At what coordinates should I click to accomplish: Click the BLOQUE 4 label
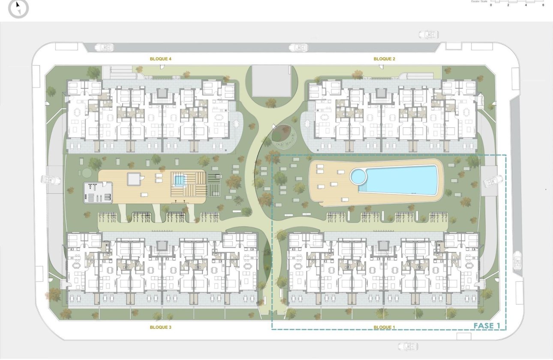(161, 59)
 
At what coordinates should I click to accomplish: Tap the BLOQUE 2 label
(384, 59)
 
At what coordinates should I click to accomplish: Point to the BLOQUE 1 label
(384, 327)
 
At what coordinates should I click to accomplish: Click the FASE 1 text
(487, 326)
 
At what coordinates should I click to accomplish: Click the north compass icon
(18, 8)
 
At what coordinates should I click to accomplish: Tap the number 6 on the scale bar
(543, 5)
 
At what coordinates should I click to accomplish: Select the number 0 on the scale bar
(491, 5)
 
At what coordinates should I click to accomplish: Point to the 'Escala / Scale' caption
(479, 1)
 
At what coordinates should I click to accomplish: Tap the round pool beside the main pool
(358, 176)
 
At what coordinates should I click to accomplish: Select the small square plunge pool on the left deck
(179, 180)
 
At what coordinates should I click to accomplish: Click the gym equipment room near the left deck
(98, 192)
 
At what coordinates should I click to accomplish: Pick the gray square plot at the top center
(271, 81)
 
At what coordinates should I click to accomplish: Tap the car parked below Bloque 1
(408, 346)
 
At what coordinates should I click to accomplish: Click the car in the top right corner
(428, 34)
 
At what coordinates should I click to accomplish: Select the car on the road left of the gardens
(51, 180)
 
